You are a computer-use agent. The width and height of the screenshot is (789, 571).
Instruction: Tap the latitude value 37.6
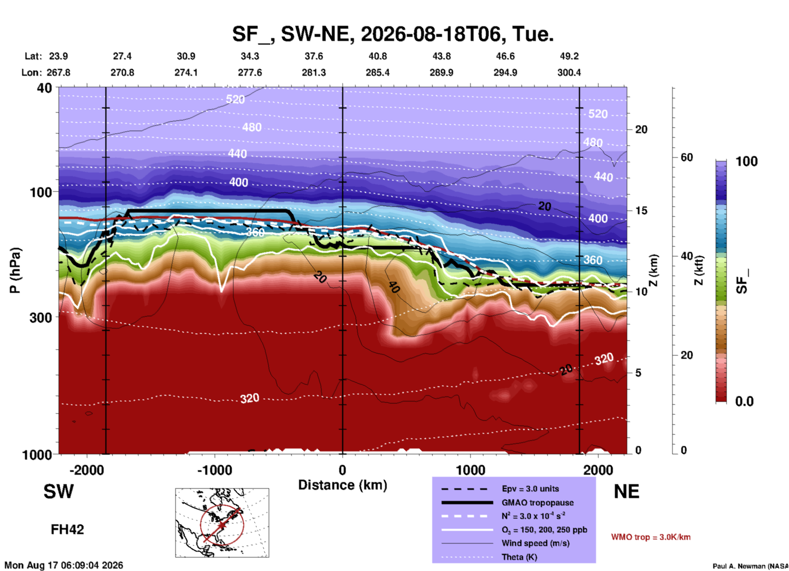[314, 56]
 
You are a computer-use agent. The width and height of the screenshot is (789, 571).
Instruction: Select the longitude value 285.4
[378, 73]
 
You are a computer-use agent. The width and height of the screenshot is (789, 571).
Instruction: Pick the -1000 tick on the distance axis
[215, 470]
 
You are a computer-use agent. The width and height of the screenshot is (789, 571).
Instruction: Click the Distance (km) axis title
[342, 485]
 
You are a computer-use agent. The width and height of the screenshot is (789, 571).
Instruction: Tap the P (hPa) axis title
[15, 270]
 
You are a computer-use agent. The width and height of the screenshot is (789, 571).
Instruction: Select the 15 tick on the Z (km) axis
[641, 211]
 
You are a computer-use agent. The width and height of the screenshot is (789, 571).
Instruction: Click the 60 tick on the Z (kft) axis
[687, 157]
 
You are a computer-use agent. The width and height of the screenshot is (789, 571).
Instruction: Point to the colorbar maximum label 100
[746, 161]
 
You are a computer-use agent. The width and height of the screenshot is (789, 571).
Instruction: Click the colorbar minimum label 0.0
[744, 401]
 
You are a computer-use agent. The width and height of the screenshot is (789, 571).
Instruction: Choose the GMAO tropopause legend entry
[537, 503]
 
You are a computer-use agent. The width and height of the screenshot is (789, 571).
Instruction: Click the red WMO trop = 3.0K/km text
[651, 537]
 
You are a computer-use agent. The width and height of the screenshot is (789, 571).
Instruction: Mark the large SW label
[59, 492]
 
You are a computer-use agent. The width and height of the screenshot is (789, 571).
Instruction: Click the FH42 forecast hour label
[67, 529]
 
